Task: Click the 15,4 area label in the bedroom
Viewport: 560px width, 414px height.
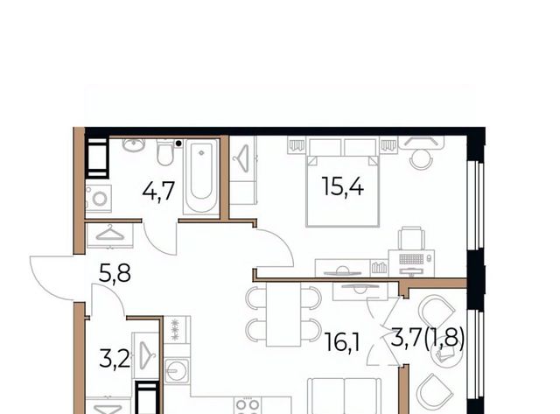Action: [x=343, y=186]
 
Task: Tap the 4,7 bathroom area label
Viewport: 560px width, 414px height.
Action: [x=158, y=191]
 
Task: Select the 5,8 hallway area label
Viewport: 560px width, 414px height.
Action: [x=115, y=273]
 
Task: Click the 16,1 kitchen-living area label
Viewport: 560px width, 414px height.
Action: [x=342, y=342]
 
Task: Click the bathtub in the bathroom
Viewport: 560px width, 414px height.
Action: [x=201, y=177]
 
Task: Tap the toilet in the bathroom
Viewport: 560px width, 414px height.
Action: [x=165, y=152]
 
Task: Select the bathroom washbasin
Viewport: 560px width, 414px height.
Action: [x=134, y=144]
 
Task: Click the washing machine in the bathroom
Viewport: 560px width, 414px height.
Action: [x=99, y=199]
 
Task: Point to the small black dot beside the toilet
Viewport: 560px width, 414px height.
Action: [x=178, y=144]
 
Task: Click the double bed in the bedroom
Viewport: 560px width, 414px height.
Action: [x=343, y=182]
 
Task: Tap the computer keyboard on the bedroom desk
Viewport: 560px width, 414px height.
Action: [x=411, y=258]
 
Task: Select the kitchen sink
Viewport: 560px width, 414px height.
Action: [x=177, y=370]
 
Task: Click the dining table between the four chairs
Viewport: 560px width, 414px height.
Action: [x=283, y=314]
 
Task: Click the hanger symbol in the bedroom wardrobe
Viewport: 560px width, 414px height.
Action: [x=242, y=158]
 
